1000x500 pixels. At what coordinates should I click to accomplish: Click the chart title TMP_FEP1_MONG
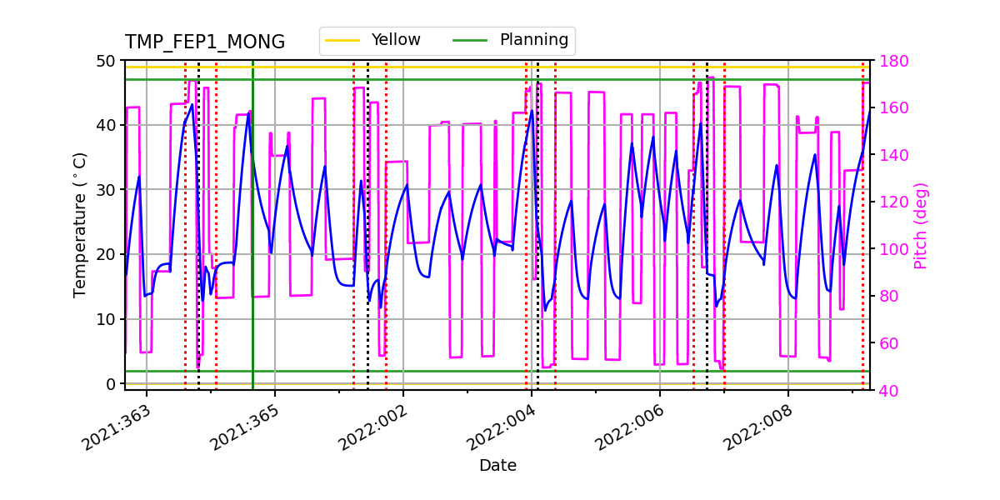205,42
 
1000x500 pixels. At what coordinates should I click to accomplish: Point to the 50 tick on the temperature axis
108,61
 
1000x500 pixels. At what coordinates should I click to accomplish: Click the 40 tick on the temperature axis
108,125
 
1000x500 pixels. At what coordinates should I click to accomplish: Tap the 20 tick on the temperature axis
108,254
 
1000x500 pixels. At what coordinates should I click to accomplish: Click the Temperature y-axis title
80,224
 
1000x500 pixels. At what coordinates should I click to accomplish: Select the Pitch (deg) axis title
920,225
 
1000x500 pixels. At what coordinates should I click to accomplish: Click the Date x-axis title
497,466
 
